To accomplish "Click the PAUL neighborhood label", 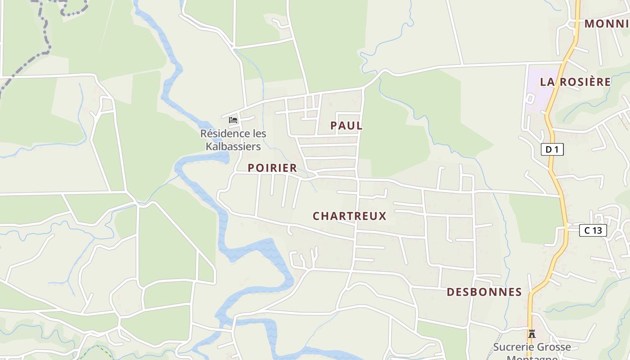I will point(346,126).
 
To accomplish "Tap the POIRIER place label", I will point(272,168).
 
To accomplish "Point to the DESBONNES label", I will point(484,292).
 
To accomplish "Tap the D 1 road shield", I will point(552,149).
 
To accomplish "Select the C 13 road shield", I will point(593,231).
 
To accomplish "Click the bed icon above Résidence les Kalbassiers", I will point(233,120).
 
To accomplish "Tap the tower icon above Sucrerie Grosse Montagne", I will point(532,333).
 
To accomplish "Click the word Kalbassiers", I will point(233,147).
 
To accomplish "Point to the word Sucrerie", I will point(512,347).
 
